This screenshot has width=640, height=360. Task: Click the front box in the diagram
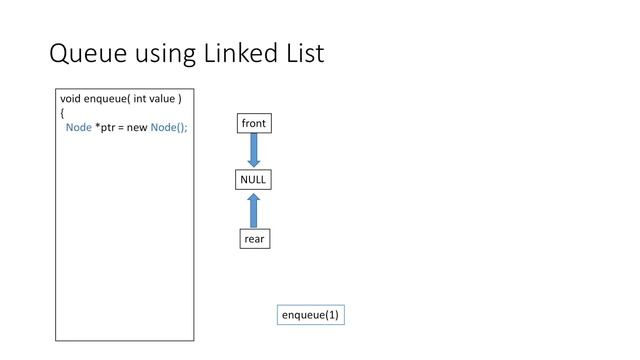[254, 123]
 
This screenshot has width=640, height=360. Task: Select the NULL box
[254, 180]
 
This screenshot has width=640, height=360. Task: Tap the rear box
[255, 239]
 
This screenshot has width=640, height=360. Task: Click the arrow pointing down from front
[254, 150]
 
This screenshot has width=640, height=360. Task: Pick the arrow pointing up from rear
[254, 210]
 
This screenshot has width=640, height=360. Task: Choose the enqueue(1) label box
[310, 315]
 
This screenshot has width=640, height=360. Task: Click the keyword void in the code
[70, 99]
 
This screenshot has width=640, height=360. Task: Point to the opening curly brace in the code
[62, 113]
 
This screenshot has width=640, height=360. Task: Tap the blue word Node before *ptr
[78, 127]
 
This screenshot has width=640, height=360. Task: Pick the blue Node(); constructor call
[169, 127]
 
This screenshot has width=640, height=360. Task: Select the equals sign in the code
[123, 127]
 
